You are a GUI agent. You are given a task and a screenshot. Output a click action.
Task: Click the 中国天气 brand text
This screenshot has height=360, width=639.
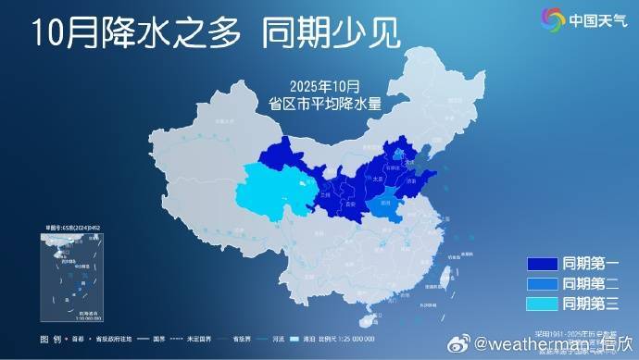click(596, 19)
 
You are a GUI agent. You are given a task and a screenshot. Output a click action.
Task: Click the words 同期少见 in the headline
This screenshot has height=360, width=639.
click(331, 33)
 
